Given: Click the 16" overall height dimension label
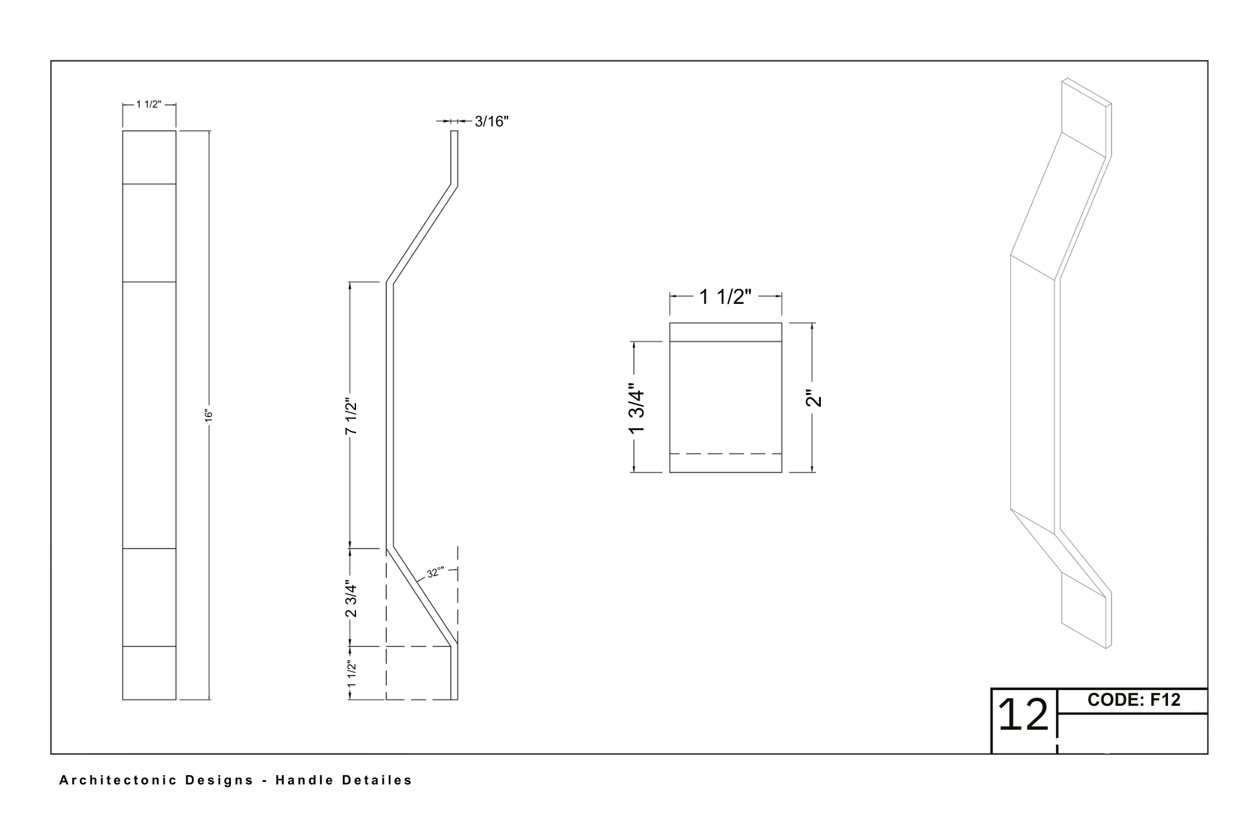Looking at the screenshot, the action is point(209,415).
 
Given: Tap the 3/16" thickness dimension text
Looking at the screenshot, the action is point(491,121).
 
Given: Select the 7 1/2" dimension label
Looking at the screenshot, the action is point(352,417).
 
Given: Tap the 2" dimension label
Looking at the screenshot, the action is point(814,399).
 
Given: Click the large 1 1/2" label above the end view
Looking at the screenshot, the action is point(725,296).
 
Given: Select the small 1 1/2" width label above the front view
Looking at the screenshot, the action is point(148,104).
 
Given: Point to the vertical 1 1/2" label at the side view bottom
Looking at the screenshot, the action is point(352,674).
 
